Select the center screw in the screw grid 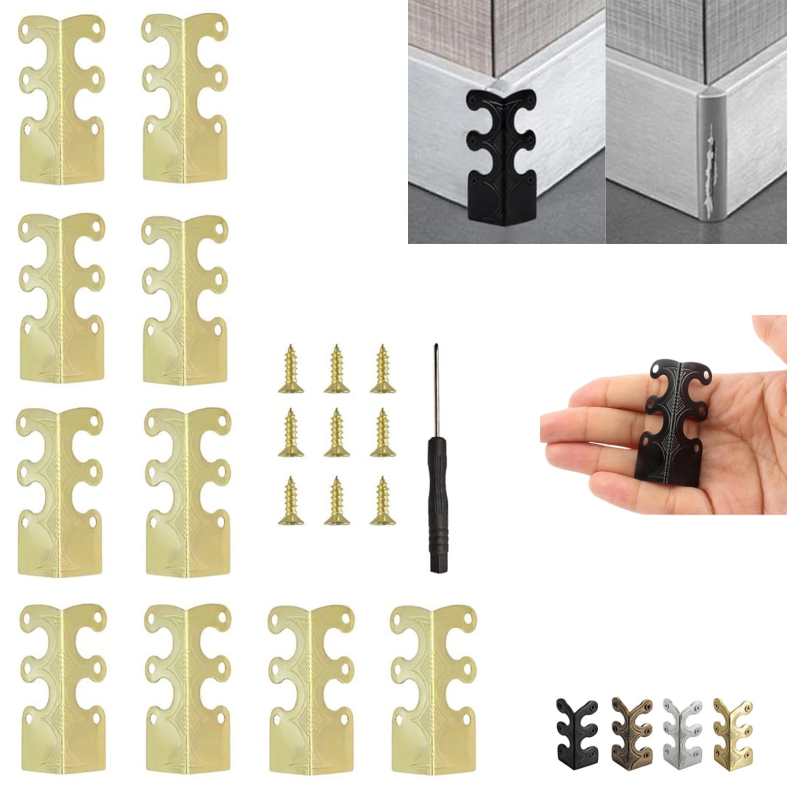point(337,433)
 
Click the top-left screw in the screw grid point(291,369)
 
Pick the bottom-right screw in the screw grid point(383,501)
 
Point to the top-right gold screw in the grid point(383,369)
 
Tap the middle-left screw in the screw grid point(291,433)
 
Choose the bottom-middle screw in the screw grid point(337,501)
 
